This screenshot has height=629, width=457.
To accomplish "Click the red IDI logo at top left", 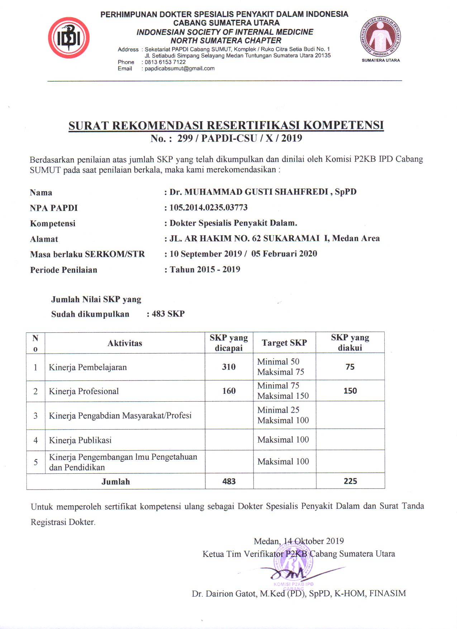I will coord(68,38).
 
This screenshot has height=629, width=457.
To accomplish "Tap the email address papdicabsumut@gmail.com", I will coord(180,68).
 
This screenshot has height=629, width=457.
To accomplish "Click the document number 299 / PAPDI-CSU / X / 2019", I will coord(239,138).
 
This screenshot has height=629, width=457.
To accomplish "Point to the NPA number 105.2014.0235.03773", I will coord(208,208).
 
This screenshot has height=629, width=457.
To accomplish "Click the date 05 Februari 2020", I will coord(284,254).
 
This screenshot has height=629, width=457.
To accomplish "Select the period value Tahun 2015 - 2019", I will coord(205,269).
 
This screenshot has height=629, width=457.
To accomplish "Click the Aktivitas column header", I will coord(125,343).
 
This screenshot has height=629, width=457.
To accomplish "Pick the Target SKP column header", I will coord(284,343).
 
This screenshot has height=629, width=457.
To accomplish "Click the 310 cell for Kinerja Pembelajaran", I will coord(229,367).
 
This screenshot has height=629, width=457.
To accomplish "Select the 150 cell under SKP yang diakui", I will coord(350,391).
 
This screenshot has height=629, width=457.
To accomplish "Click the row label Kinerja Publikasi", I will coord(80,440).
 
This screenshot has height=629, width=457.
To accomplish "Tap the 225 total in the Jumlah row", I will coord(350,481).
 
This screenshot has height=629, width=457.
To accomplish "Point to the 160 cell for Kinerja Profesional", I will coord(229,391).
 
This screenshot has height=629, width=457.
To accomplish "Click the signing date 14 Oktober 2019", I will coord(314,541).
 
